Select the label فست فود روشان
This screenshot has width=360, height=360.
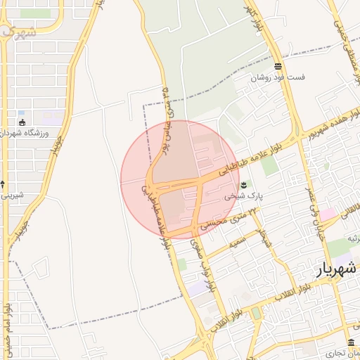coord(279,78)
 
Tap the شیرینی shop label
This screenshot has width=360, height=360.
coord(12,195)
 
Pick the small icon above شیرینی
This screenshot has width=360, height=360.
coord(3,184)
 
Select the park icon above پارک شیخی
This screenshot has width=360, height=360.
coord(243,185)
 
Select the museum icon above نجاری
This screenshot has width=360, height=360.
coord(351,342)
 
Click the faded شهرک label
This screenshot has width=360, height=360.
coord(18,32)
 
